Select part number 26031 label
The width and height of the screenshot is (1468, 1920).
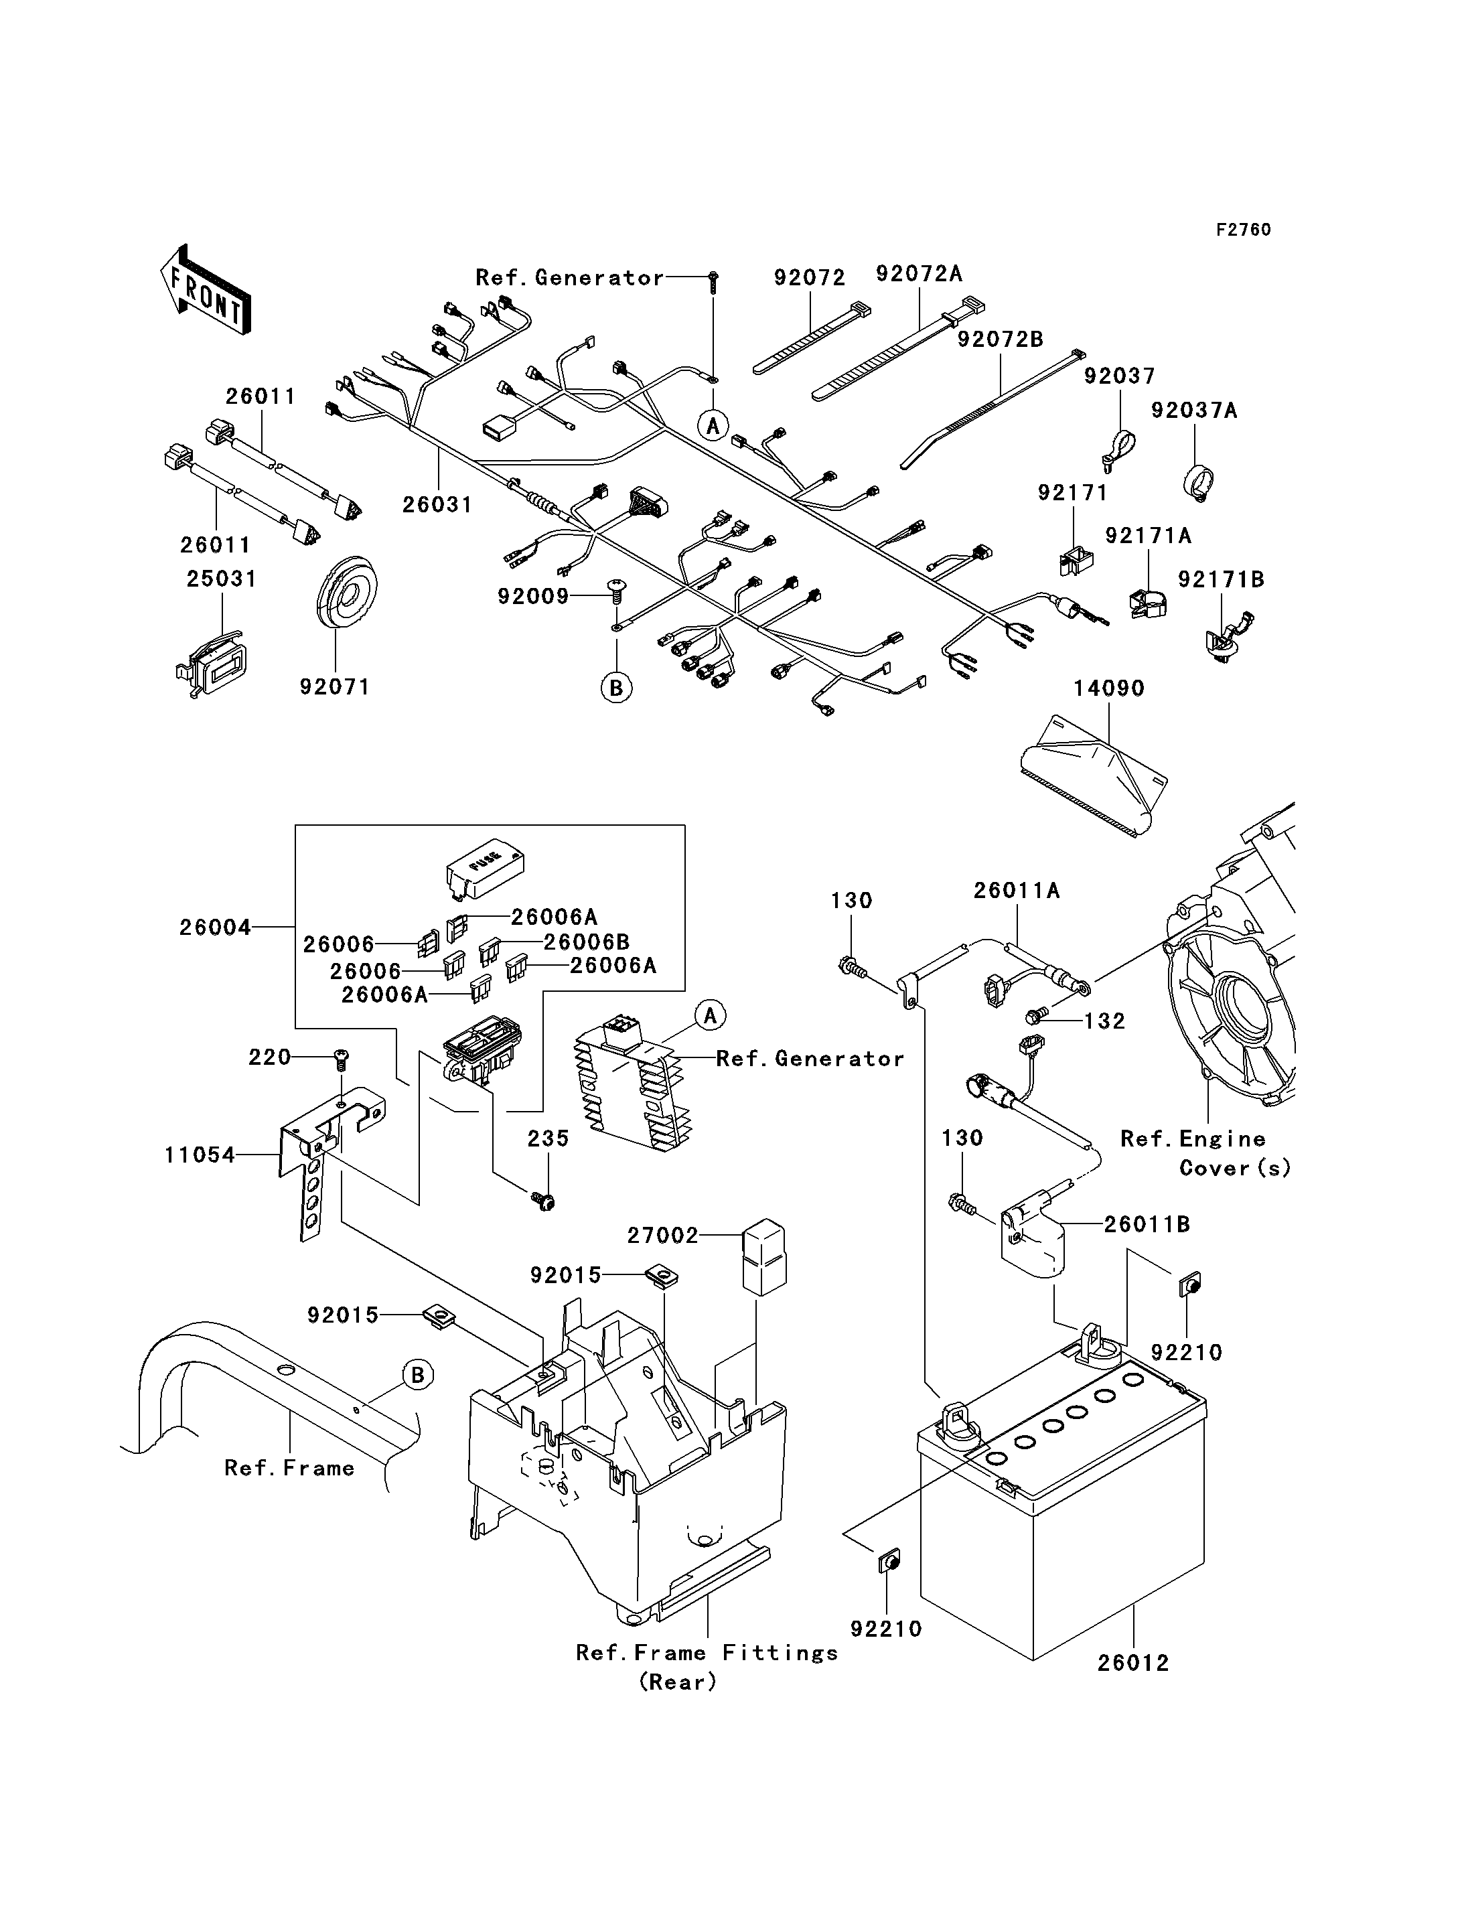click(x=437, y=504)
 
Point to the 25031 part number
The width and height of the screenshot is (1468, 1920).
click(x=222, y=579)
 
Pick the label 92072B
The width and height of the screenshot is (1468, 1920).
click(x=1001, y=339)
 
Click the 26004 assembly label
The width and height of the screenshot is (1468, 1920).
click(x=215, y=928)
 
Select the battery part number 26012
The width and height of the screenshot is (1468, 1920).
click(x=1133, y=1663)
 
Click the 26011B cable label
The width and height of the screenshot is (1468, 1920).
click(x=1147, y=1224)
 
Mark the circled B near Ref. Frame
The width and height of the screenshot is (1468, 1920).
click(x=418, y=1376)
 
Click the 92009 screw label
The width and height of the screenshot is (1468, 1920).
click(x=533, y=596)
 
